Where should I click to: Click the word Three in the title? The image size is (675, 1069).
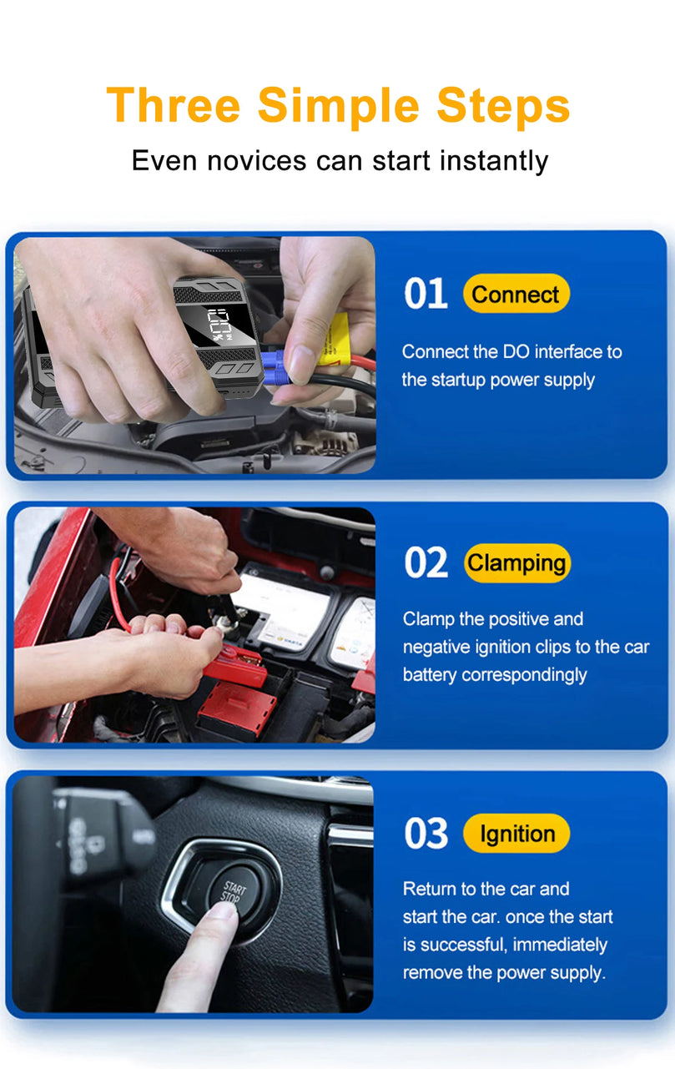(174, 105)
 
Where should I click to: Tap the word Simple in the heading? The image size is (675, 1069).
(338, 108)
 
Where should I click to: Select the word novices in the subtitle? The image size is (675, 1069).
(257, 160)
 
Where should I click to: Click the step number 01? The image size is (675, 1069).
(426, 294)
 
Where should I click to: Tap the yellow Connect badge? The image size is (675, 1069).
(516, 294)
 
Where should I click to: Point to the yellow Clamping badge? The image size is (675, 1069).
(517, 563)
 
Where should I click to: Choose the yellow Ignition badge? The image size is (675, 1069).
(516, 833)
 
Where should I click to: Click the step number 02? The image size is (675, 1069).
(426, 562)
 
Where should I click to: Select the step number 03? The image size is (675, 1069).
(426, 833)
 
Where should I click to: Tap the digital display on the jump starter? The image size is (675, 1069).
(221, 325)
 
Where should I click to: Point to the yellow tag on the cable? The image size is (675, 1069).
(335, 340)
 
